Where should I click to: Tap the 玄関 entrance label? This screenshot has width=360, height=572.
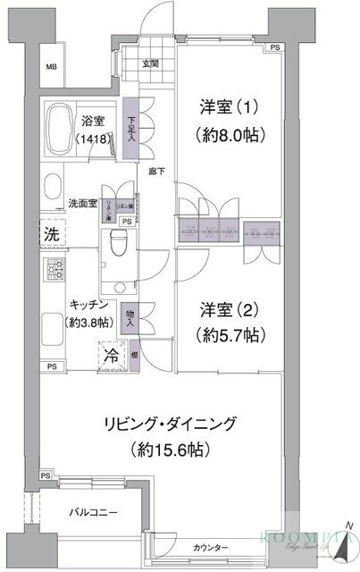(x=148, y=63)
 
